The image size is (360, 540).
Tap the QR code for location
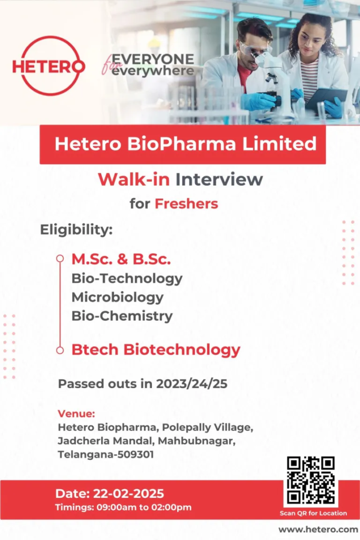coord(311,480)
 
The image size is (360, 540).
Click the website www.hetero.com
coord(318,529)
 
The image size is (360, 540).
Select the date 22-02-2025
coord(129,494)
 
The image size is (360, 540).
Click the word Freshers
coord(186,204)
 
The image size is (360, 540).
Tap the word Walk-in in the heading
coord(134,179)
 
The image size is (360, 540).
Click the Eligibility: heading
coord(76,230)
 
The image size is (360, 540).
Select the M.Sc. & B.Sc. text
coord(121,259)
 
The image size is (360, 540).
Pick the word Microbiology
coord(118,297)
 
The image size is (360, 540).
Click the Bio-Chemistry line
coord(122,316)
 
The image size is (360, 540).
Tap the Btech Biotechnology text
coord(156,350)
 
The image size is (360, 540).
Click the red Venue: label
coord(76,413)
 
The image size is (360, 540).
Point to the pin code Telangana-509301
coord(105,455)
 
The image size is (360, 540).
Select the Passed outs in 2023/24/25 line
coord(142,384)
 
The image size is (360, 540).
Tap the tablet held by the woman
coord(325,98)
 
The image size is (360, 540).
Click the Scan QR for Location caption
coord(313,513)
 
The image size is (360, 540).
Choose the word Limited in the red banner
coord(279,143)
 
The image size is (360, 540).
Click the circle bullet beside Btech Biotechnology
coord(60,350)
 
